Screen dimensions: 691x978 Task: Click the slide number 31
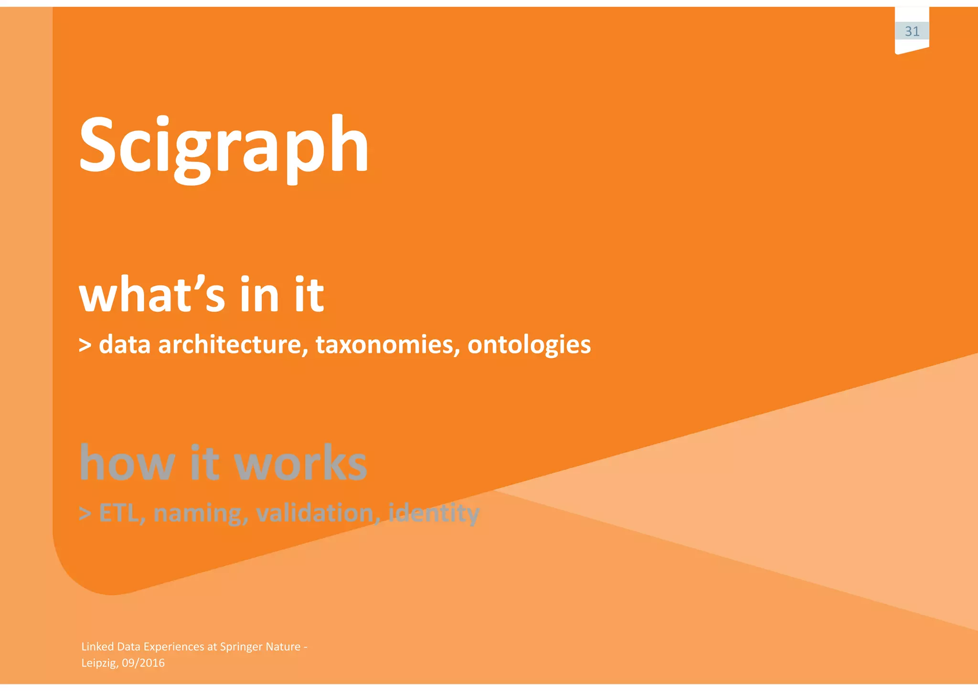pyautogui.click(x=912, y=32)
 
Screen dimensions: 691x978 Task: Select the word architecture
pyautogui.click(x=233, y=344)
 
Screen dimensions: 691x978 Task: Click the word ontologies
pyautogui.click(x=529, y=345)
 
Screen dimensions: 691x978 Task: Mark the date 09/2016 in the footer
pyautogui.click(x=143, y=663)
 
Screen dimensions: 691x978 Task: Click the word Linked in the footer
pyautogui.click(x=97, y=647)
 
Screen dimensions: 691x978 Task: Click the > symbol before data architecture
pyautogui.click(x=85, y=345)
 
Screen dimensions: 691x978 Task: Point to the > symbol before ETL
pyautogui.click(x=85, y=513)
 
